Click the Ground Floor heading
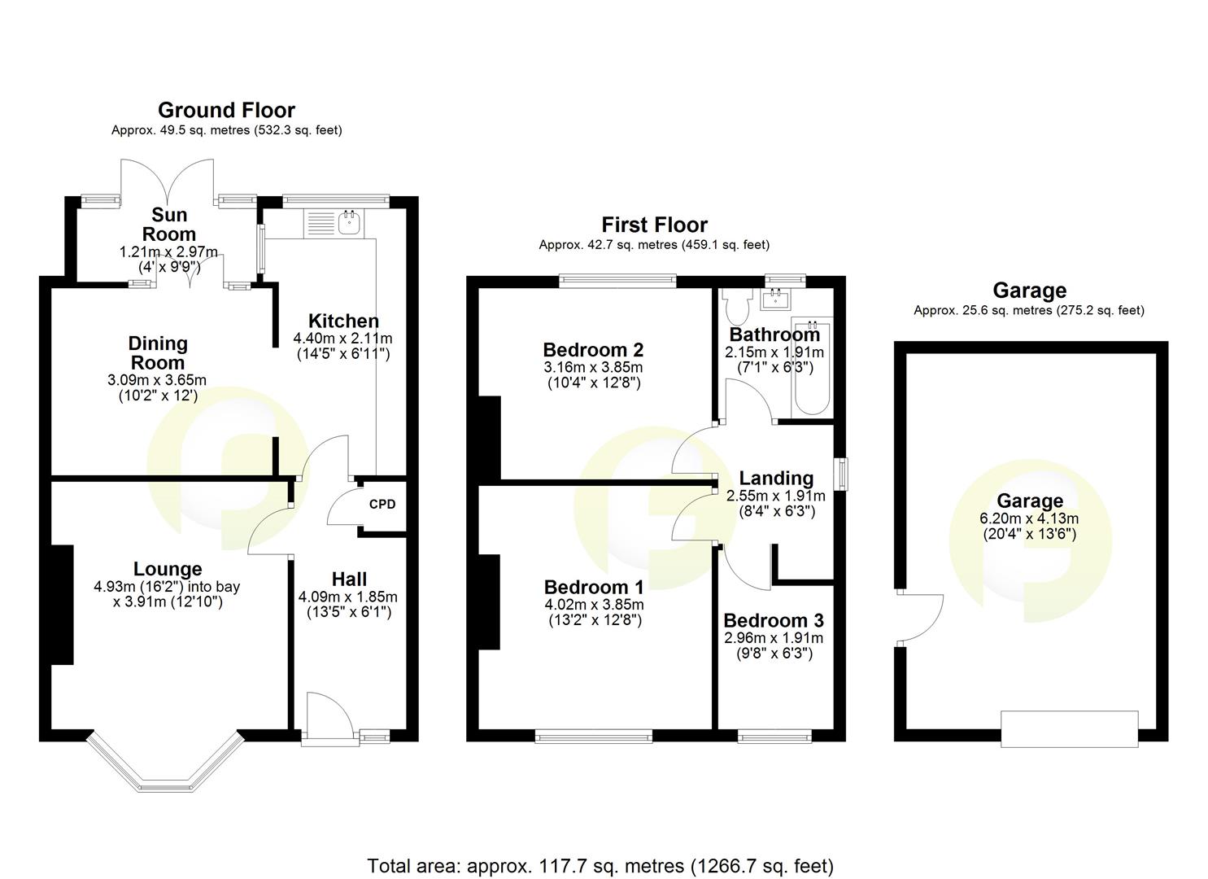pyautogui.click(x=226, y=110)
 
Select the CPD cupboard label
pyautogui.click(x=382, y=504)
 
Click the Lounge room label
pyautogui.click(x=168, y=569)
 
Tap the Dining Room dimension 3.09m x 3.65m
pyautogui.click(x=157, y=380)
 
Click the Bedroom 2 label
pyautogui.click(x=593, y=350)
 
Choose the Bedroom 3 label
pyautogui.click(x=773, y=620)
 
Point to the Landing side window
pyautogui.click(x=844, y=474)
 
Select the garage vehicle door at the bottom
pyautogui.click(x=1069, y=728)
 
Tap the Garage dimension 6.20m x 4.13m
pyautogui.click(x=1029, y=518)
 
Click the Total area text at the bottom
pyautogui.click(x=600, y=866)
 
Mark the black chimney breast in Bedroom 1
pyautogui.click(x=488, y=602)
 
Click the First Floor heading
pyautogui.click(x=654, y=225)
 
